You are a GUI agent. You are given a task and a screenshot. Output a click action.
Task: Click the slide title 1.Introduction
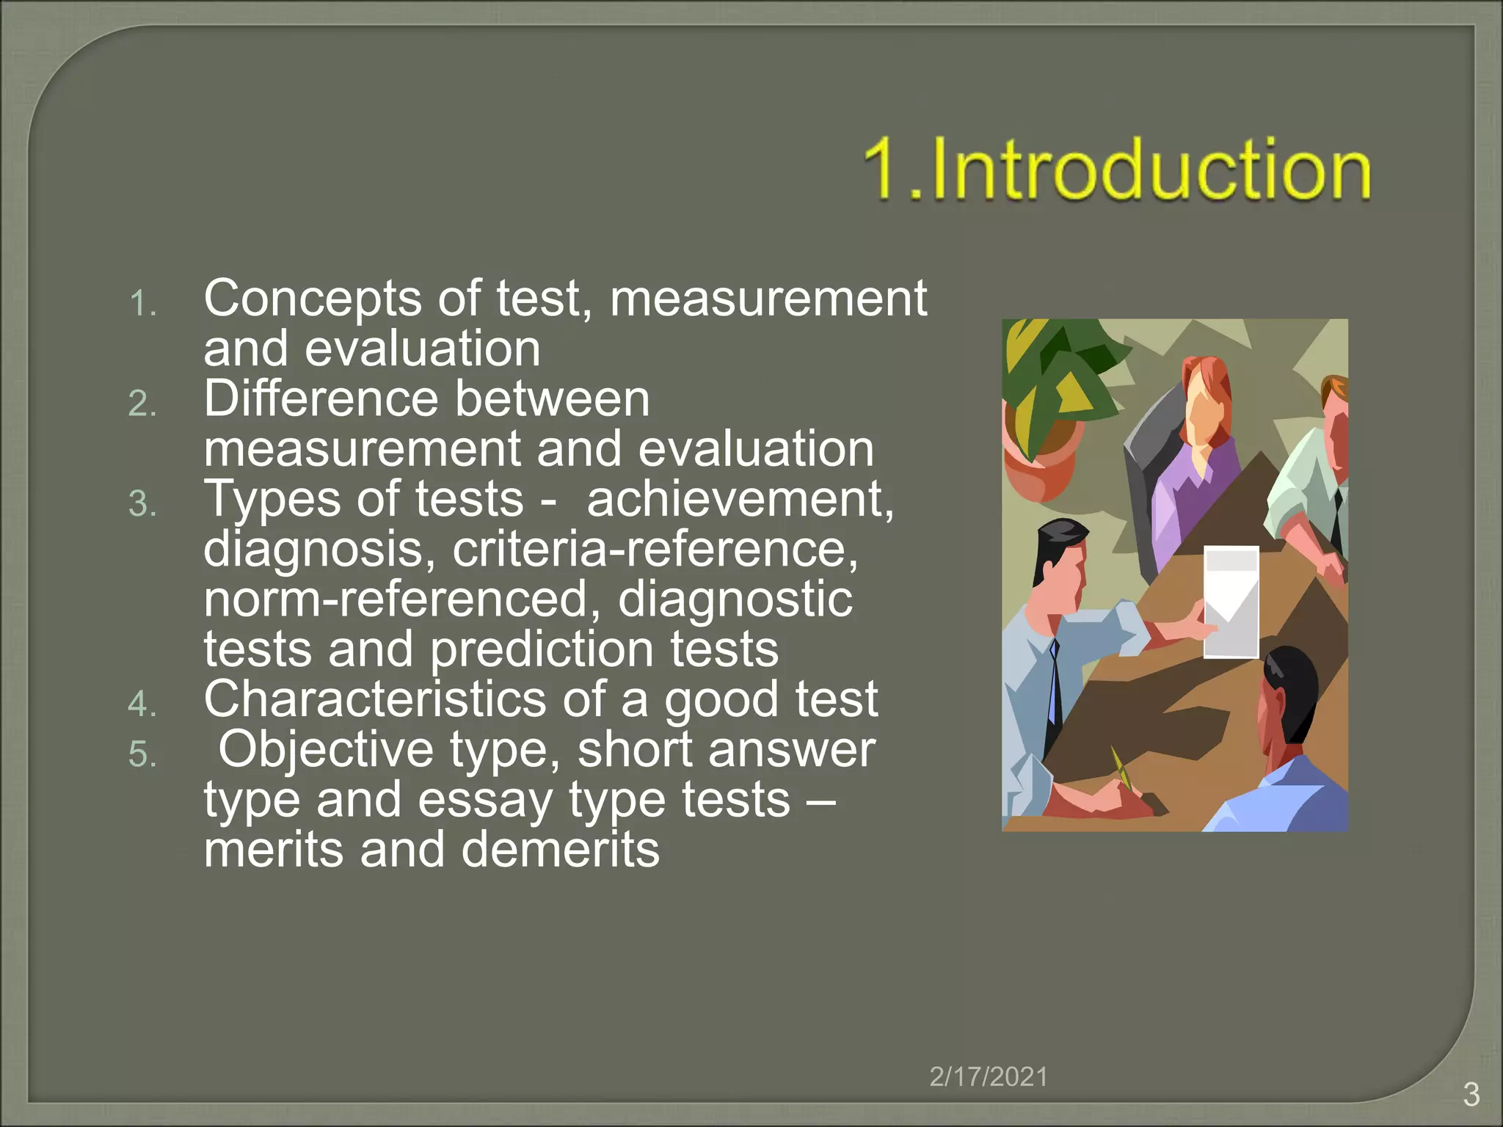click(x=1116, y=170)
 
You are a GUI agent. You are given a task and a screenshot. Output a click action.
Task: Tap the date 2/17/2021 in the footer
click(x=988, y=1076)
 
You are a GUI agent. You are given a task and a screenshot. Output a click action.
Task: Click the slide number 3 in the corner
click(x=1471, y=1095)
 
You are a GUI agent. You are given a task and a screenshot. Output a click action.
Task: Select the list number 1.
click(x=142, y=304)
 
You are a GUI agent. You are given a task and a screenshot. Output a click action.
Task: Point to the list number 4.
click(x=142, y=704)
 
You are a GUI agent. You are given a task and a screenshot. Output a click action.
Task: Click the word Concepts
click(x=313, y=299)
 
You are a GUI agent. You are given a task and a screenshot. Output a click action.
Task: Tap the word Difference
click(x=320, y=399)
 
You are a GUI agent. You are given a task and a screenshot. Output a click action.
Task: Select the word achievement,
click(x=740, y=500)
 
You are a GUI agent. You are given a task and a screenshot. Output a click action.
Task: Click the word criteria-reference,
click(x=655, y=550)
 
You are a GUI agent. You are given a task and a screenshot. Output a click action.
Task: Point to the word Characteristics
click(x=374, y=699)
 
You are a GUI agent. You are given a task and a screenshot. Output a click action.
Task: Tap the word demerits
click(x=561, y=850)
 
